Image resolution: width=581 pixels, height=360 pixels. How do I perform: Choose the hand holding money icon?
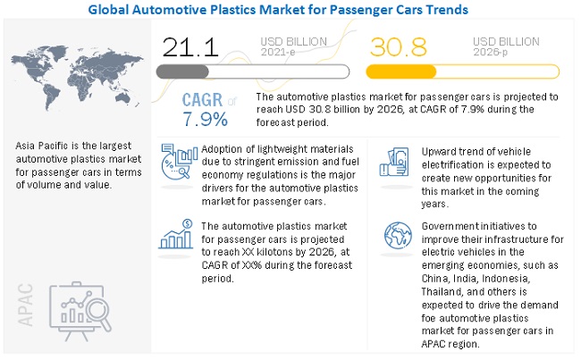pos(396,161)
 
